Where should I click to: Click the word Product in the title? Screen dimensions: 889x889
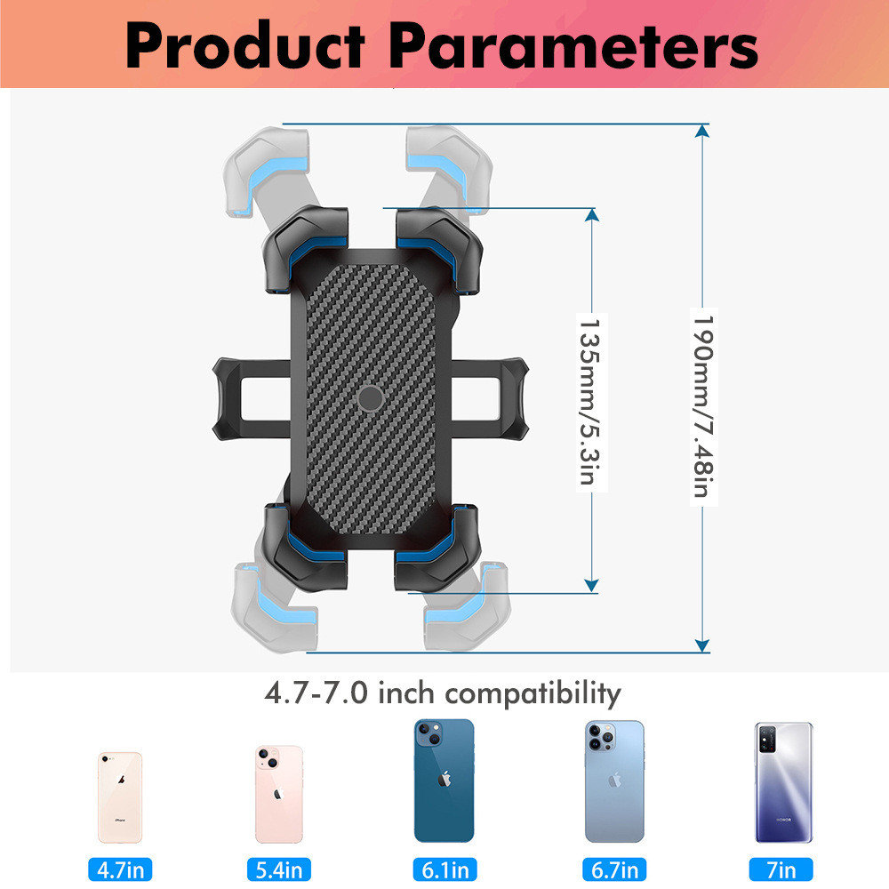pos(244,45)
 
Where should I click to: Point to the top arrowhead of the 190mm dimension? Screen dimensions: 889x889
pos(702,131)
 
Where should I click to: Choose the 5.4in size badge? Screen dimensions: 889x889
pos(279,869)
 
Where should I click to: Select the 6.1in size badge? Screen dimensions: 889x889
pos(444,869)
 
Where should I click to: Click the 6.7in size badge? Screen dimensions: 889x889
pos(613,869)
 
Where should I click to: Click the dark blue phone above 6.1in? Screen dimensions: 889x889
pos(444,780)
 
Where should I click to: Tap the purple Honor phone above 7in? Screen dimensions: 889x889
pos(783,782)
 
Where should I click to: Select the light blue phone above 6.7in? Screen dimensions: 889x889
pos(613,781)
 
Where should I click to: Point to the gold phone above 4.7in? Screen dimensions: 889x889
pos(120,797)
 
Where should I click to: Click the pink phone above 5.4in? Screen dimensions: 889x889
pos(279,794)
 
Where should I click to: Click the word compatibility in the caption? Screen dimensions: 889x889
pos(533,693)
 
